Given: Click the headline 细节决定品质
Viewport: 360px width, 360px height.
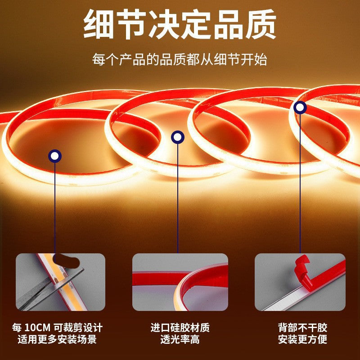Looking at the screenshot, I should (x=180, y=26).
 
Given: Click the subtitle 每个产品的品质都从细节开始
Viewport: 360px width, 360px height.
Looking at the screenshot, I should (x=180, y=59).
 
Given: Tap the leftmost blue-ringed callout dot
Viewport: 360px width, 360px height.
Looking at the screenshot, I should (x=55, y=156).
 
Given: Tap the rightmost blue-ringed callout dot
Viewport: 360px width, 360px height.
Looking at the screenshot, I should (x=300, y=107).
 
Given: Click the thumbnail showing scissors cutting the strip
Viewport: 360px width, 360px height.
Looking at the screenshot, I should (x=60, y=282).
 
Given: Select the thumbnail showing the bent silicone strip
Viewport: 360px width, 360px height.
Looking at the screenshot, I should (x=180, y=282).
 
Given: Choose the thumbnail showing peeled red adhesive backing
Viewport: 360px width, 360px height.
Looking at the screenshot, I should (x=299, y=282).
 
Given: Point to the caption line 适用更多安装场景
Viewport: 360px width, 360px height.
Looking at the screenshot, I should (x=57, y=339).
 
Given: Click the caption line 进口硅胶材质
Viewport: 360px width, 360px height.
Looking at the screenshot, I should (x=180, y=328).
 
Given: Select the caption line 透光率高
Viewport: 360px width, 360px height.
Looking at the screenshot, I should (x=180, y=339).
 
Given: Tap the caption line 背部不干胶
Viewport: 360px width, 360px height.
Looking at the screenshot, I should (x=300, y=328).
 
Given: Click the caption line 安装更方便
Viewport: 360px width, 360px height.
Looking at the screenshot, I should (x=300, y=339).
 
